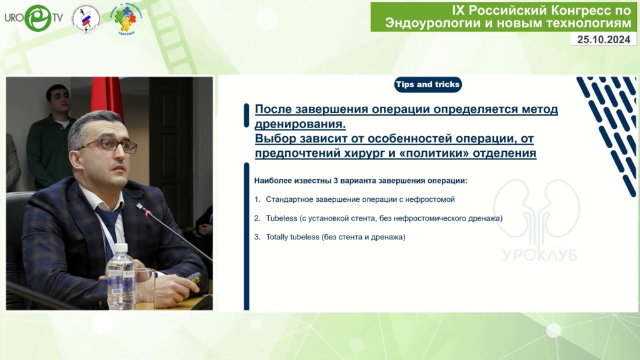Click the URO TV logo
(34, 18)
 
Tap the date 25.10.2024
(604, 39)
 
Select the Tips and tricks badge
(427, 84)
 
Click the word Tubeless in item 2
(281, 218)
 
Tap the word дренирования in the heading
(300, 124)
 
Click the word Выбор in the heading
(276, 138)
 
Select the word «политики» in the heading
(418, 153)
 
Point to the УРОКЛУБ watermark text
(539, 255)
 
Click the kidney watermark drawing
(536, 209)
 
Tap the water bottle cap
(121, 247)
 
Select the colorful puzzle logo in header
(126, 19)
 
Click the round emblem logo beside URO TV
(86, 19)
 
